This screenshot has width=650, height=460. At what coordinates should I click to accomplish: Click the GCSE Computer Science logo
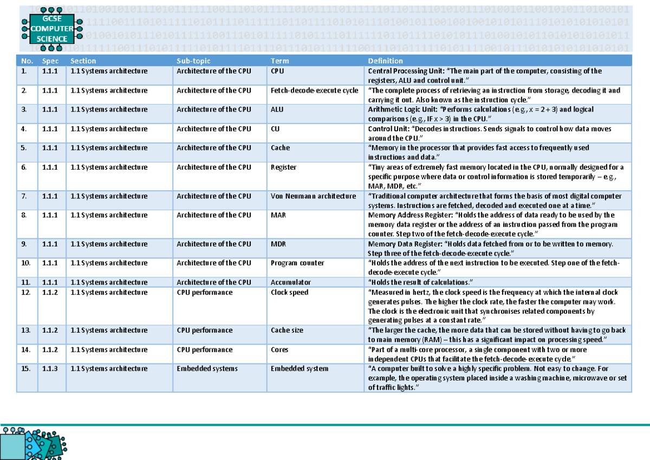click(x=52, y=29)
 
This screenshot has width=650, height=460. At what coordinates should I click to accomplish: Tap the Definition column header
click(x=385, y=61)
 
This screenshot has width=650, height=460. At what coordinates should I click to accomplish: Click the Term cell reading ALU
click(x=277, y=109)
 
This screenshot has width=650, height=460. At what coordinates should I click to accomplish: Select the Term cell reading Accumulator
click(x=291, y=282)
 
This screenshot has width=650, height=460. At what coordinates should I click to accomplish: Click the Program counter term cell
click(x=297, y=263)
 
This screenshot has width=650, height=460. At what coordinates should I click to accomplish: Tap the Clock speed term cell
click(x=289, y=293)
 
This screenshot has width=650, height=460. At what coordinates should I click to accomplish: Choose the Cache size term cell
click(x=287, y=331)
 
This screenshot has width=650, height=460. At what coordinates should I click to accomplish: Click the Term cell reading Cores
click(x=279, y=350)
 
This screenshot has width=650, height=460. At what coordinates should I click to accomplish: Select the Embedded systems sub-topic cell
click(x=207, y=369)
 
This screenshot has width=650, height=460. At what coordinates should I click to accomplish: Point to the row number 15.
click(x=25, y=369)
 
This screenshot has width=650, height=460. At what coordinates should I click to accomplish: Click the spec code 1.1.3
click(x=50, y=369)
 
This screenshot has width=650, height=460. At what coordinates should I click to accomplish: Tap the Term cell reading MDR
click(x=278, y=244)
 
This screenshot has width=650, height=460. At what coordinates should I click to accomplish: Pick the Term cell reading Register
click(x=283, y=167)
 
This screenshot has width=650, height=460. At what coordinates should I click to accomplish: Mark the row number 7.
click(x=24, y=196)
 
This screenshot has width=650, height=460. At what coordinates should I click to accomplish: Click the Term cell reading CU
click(x=275, y=129)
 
